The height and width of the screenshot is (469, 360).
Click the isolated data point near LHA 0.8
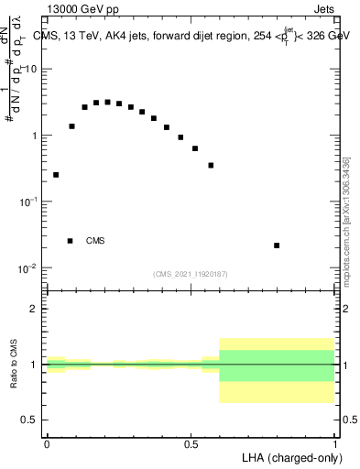277,245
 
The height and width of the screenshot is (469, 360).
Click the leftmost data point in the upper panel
56,175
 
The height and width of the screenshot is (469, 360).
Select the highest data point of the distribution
108,102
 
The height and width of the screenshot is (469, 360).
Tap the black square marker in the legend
70,241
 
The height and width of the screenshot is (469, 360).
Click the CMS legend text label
95,241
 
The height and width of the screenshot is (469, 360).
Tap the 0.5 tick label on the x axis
191,443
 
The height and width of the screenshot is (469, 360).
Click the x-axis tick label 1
336,443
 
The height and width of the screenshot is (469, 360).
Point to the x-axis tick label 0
47,443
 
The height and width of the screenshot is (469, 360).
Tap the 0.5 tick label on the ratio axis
32,420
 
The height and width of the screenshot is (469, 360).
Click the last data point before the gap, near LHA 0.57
211,166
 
